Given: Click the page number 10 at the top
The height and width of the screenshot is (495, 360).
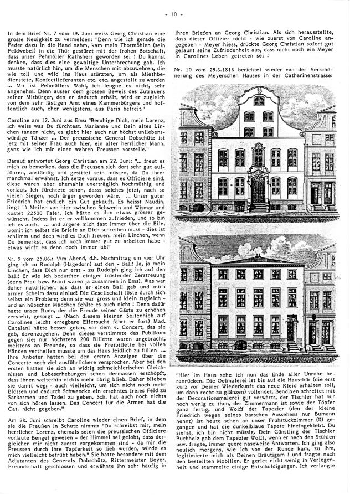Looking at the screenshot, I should (x=181, y=11).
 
